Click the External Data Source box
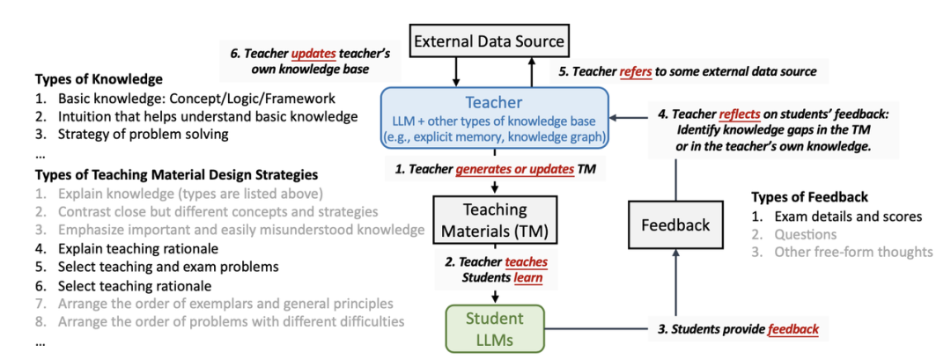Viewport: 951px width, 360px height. [x=490, y=40]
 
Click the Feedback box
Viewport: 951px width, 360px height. [x=675, y=225]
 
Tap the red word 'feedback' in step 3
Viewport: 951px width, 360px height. [x=792, y=329]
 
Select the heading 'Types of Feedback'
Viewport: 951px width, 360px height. [x=809, y=196]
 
